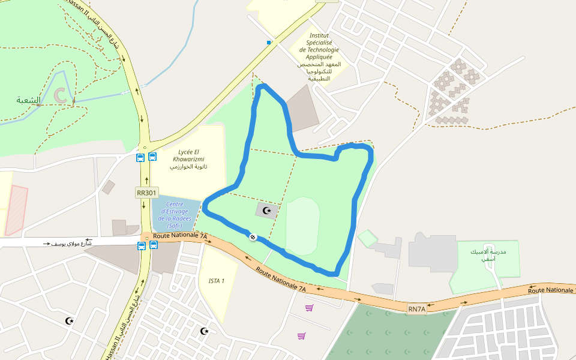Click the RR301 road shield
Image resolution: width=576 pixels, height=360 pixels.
coord(146,193)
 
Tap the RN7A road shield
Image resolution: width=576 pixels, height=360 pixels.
coord(416,309)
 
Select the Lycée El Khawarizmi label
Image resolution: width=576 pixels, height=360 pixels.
coord(189,159)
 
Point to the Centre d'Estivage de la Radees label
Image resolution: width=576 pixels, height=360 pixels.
coord(175,215)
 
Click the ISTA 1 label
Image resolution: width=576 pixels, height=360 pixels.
coord(217,281)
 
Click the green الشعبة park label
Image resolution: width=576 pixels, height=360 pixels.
coord(28,100)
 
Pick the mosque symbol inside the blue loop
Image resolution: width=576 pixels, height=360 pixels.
coord(267,211)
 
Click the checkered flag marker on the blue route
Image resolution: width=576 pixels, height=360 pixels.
coord(253,237)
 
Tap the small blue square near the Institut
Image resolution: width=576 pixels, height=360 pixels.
coord(269,42)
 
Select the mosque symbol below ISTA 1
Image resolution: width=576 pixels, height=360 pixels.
coord(205,331)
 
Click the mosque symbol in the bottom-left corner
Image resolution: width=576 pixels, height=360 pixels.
coord(70,321)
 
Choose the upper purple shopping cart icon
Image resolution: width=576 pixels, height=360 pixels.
coord(310,308)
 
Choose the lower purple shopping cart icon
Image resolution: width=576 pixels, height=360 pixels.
coord(301,336)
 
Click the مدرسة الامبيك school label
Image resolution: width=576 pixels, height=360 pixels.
coord(488,256)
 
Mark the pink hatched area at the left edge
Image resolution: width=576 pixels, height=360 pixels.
coord(16,210)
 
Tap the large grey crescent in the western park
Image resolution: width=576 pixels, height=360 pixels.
coord(61,95)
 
